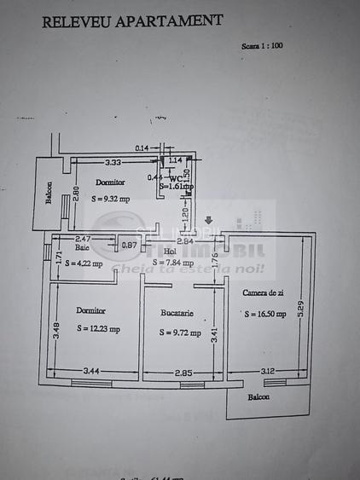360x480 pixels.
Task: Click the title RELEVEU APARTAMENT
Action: (x=132, y=21)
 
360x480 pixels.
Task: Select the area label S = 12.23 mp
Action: (x=98, y=328)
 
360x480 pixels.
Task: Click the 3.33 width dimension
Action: (x=112, y=161)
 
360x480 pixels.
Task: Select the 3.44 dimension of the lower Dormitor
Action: (x=91, y=372)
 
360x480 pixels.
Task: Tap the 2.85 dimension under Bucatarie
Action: (x=184, y=373)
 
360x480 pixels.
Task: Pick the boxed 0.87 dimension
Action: (x=129, y=246)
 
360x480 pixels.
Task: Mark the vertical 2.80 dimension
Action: (x=75, y=193)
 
